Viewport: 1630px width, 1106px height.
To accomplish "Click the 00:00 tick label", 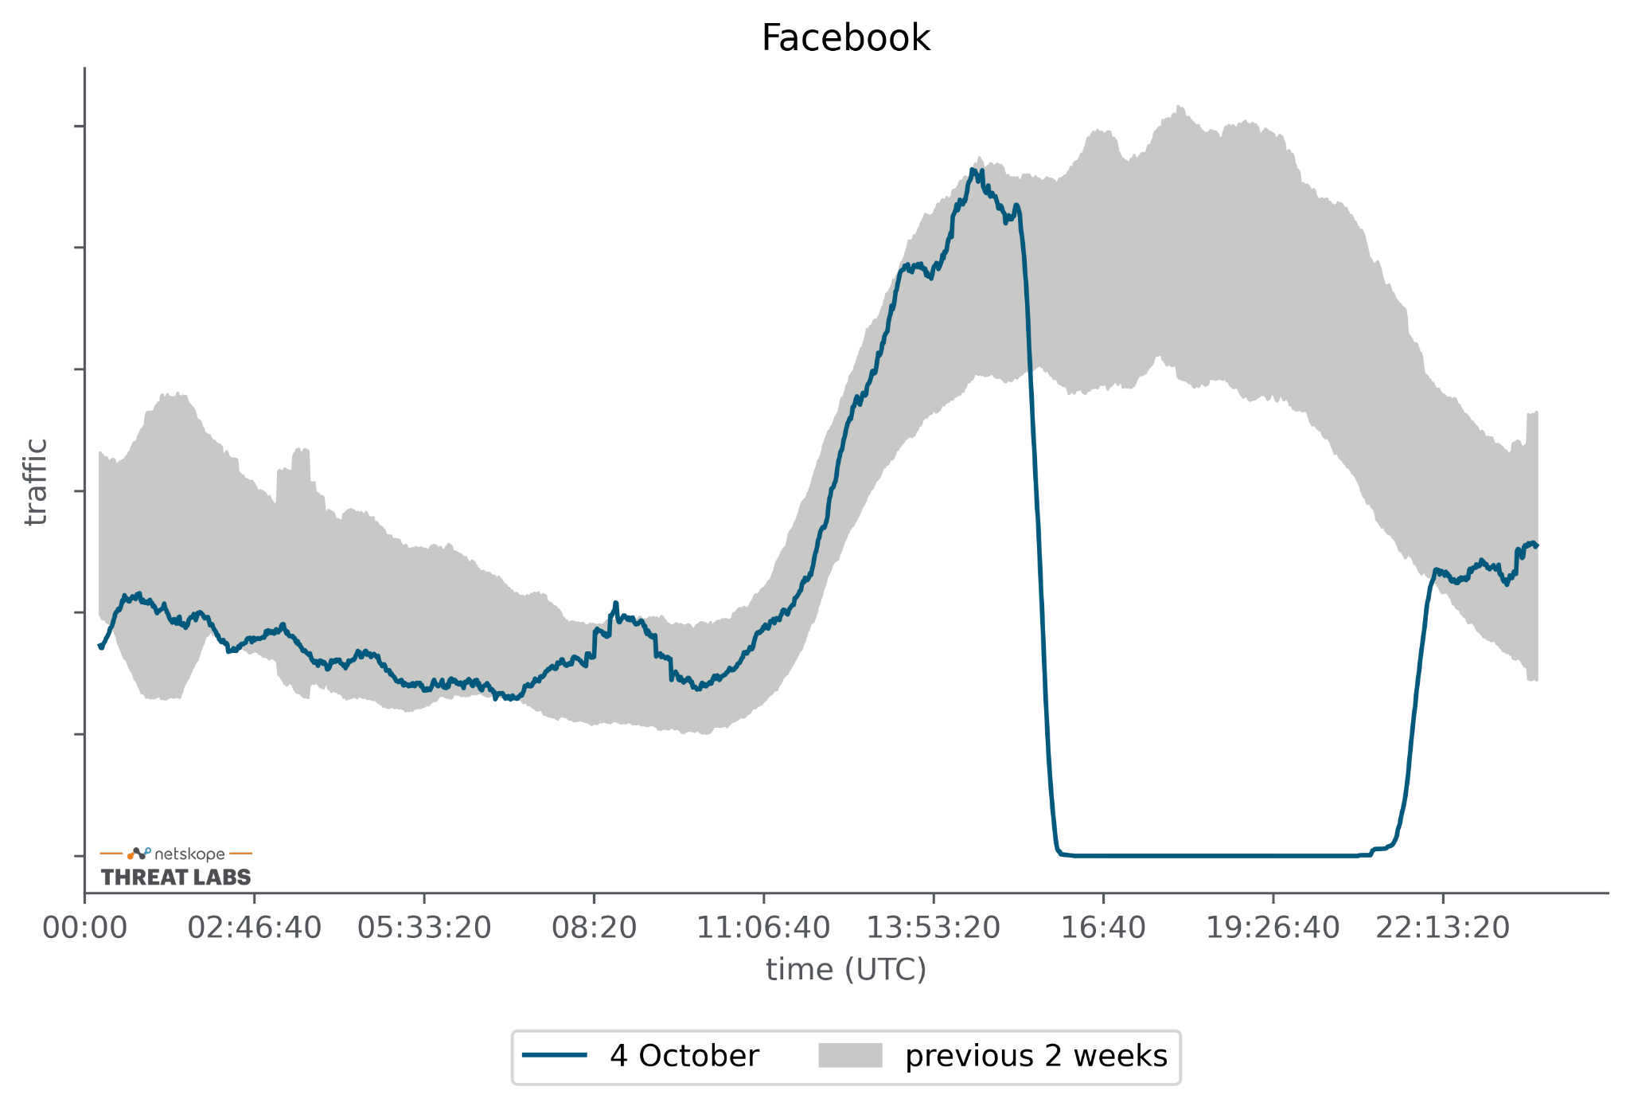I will [84, 928].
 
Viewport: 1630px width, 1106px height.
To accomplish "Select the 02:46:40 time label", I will [254, 928].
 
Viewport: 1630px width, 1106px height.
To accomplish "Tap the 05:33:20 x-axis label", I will [423, 928].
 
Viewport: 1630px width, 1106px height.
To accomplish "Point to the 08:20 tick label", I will [594, 928].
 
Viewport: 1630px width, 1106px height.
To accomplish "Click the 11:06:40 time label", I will [763, 928].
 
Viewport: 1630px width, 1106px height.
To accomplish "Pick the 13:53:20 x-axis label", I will [933, 928].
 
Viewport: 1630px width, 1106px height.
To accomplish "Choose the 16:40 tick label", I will [1103, 928].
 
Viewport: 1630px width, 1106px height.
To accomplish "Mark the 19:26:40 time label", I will [1273, 928].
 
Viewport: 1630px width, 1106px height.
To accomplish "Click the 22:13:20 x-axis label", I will [1442, 928].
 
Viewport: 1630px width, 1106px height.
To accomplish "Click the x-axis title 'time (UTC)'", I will [846, 970].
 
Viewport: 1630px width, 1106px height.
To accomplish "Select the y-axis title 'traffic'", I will [36, 482].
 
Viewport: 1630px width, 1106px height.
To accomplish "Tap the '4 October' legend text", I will [684, 1056].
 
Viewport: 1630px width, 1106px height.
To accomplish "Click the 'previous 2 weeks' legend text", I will [1035, 1056].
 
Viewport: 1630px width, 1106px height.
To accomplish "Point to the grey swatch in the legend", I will [850, 1056].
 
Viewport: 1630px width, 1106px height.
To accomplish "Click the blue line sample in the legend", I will [555, 1056].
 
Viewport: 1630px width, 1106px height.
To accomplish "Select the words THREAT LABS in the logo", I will [176, 877].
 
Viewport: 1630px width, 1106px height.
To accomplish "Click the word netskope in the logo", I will [189, 854].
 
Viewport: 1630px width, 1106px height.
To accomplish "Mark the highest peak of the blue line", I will [973, 170].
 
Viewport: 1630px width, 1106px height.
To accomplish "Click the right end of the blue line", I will [1537, 545].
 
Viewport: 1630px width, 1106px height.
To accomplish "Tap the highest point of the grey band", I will [1180, 106].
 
